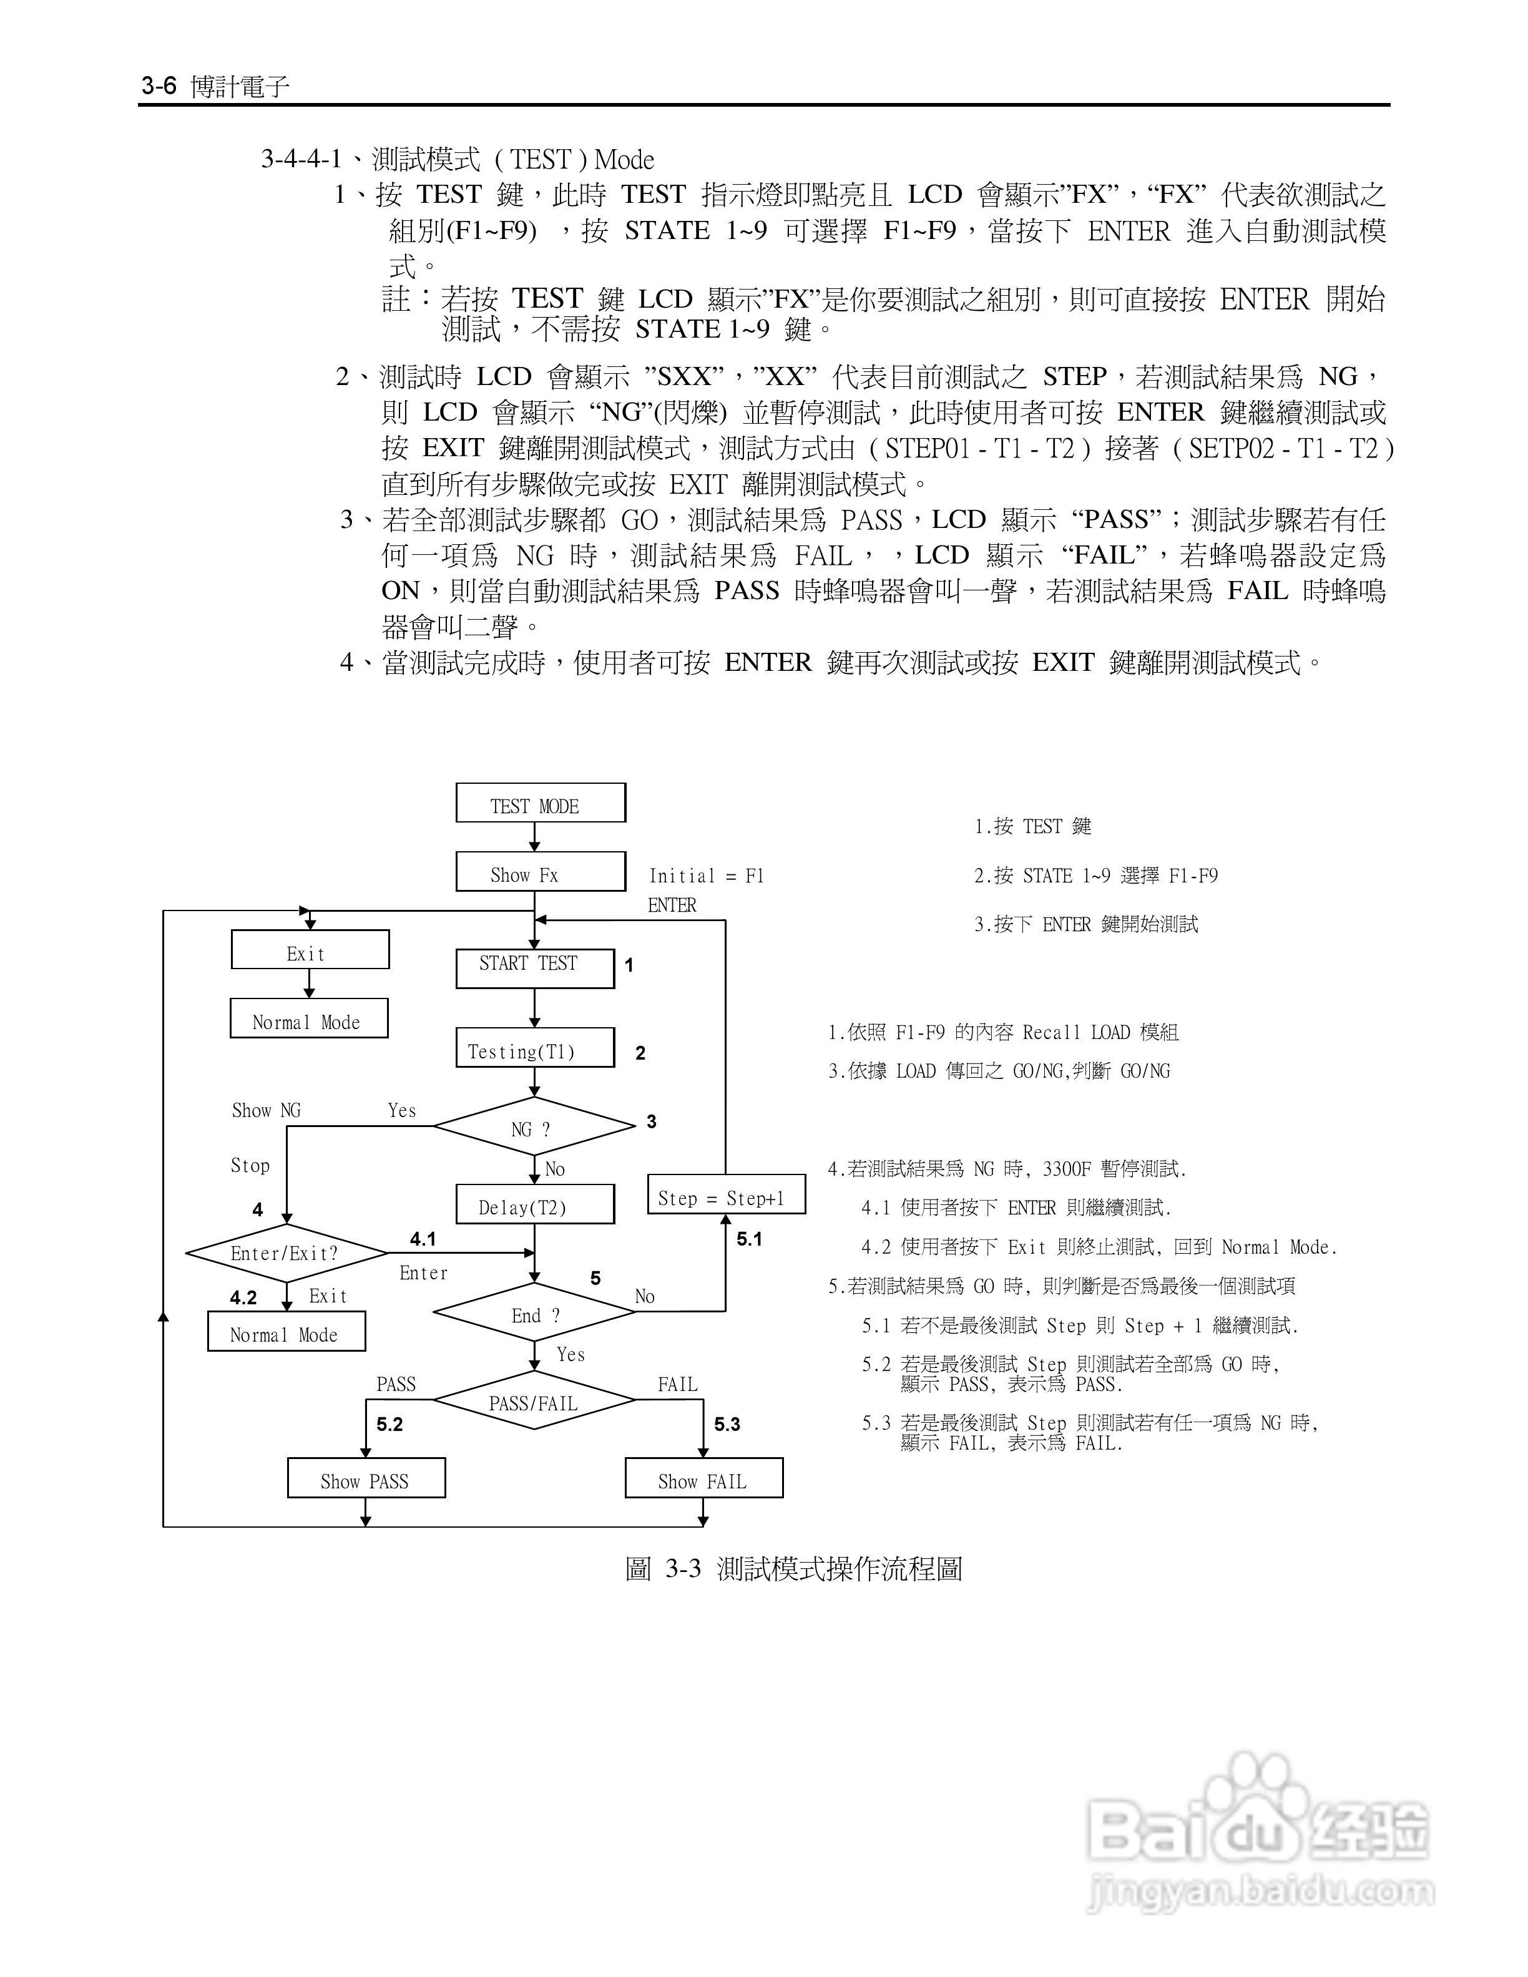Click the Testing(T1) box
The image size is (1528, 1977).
pyautogui.click(x=534, y=1048)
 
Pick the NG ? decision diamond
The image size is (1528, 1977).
pyautogui.click(x=534, y=1127)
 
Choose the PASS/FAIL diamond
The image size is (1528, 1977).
pyautogui.click(x=534, y=1401)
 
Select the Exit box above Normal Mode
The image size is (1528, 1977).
pyautogui.click(x=310, y=950)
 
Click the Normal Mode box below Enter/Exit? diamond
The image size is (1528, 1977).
pyautogui.click(x=286, y=1332)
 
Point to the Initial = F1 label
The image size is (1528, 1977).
pyautogui.click(x=706, y=876)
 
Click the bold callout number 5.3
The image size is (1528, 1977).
pyautogui.click(x=727, y=1425)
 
